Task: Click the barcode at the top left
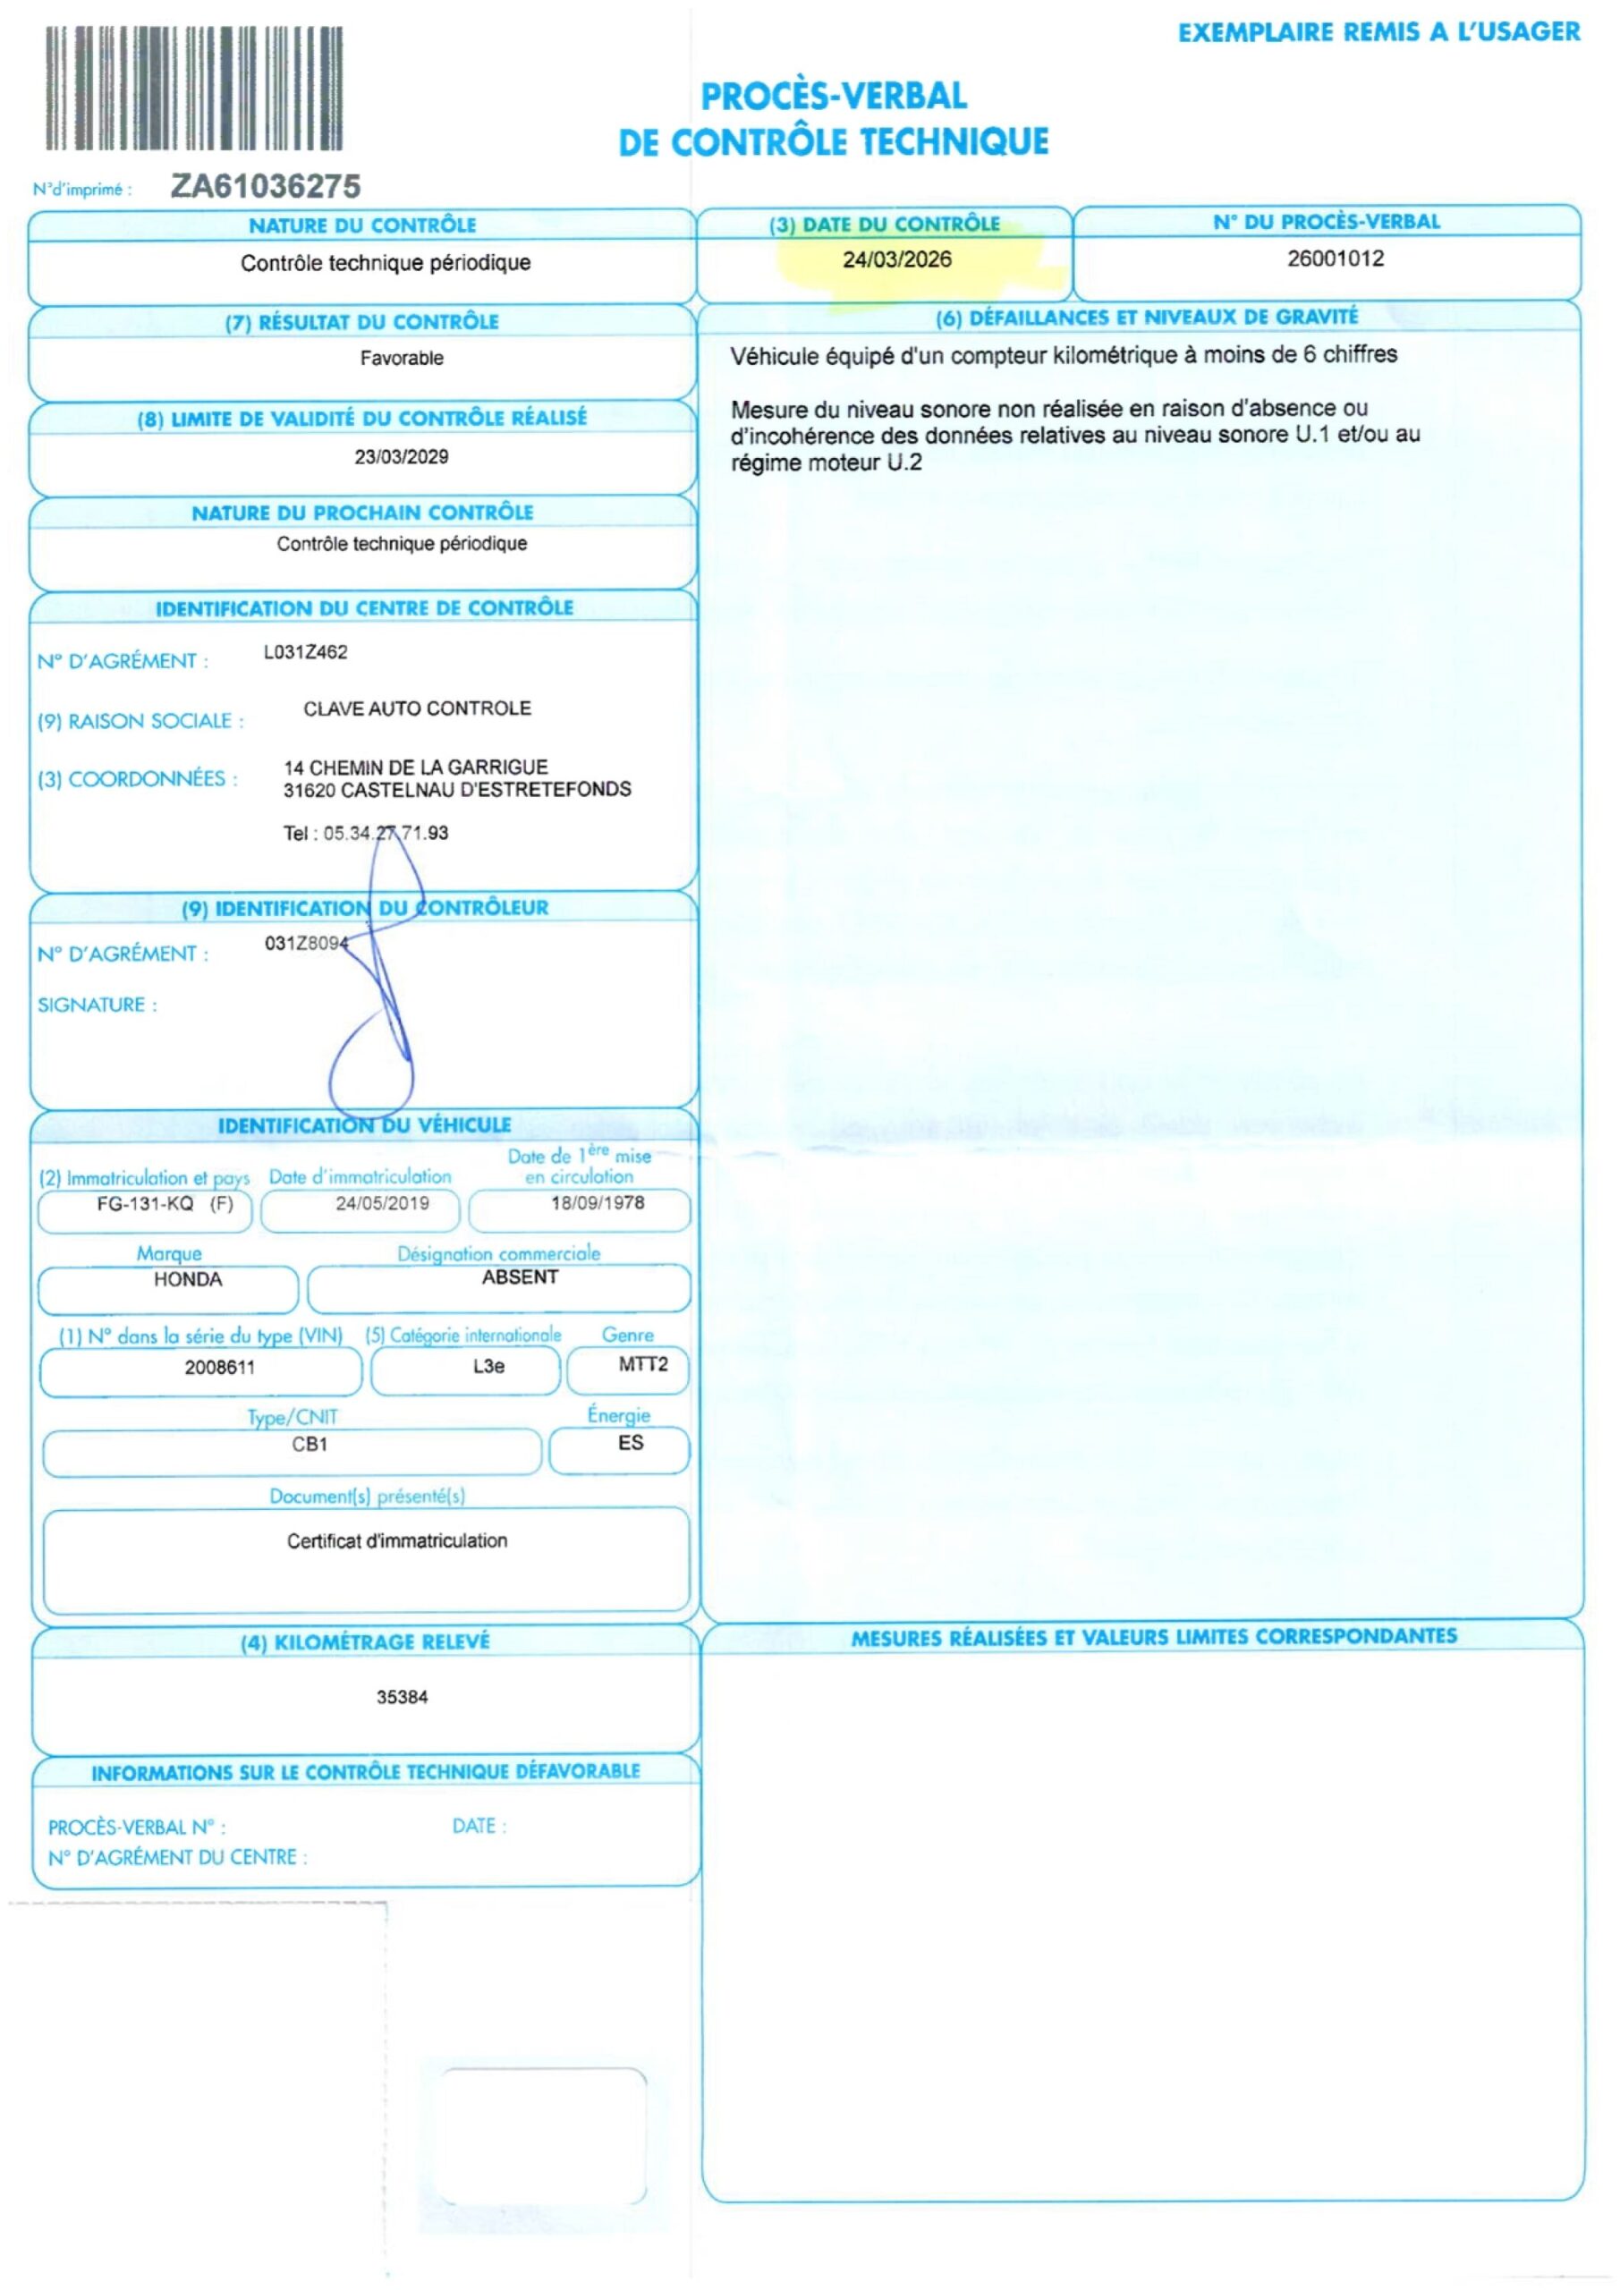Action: point(194,88)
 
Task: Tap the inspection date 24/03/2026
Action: point(897,259)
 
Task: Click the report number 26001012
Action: point(1335,259)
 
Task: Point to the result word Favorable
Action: point(402,358)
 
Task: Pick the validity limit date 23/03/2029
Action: point(402,457)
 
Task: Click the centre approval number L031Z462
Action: point(305,652)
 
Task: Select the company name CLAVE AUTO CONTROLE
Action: point(417,708)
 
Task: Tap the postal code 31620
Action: point(310,790)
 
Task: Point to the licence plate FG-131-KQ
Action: point(146,1204)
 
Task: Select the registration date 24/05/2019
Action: point(382,1204)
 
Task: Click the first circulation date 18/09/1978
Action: point(598,1203)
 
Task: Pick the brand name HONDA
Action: point(188,1280)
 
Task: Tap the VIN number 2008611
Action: point(219,1368)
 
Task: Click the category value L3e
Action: point(488,1367)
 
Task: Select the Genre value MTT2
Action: point(642,1364)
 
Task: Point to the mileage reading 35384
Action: point(402,1698)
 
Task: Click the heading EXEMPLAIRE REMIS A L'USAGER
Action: point(1378,33)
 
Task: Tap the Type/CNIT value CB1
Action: point(310,1444)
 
